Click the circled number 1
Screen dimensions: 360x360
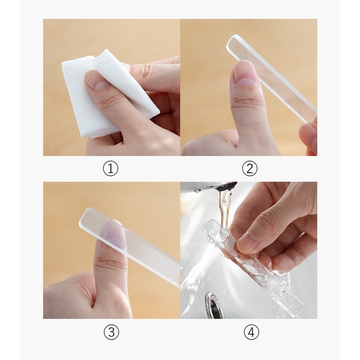(x=110, y=168)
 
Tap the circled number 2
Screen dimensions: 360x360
(x=250, y=168)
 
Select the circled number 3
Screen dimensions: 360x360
(x=111, y=332)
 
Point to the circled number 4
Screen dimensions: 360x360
(x=252, y=332)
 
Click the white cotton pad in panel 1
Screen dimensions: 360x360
(x=110, y=94)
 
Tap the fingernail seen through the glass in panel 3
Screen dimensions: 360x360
(x=113, y=233)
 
